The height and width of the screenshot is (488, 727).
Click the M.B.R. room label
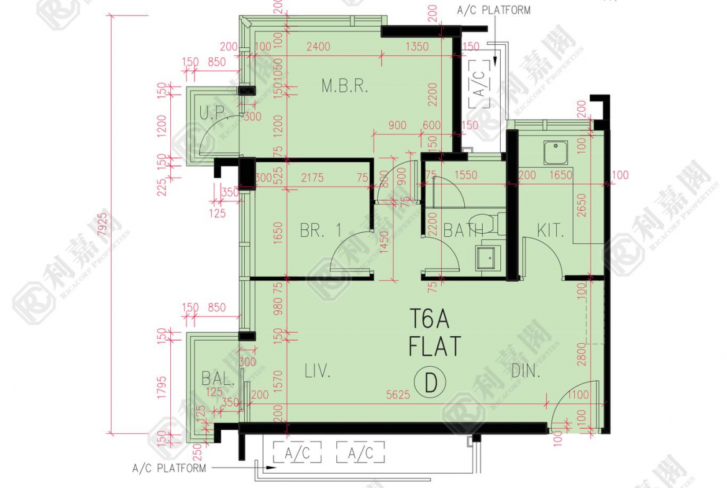pos(345,86)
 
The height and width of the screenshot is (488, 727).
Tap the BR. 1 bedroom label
pos(321,231)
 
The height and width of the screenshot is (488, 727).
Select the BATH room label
pos(463,232)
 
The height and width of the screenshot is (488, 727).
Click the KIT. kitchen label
pos(551,232)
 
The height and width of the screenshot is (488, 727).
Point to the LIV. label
pos(318,372)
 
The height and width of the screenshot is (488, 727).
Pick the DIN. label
pos(526,372)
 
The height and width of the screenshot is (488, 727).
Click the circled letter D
pos(430,384)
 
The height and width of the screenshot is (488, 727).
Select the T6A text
pos(429,319)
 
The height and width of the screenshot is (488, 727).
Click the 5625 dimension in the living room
pos(398,394)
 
